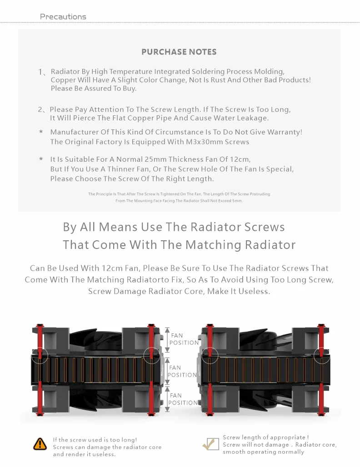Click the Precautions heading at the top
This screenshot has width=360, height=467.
click(x=63, y=17)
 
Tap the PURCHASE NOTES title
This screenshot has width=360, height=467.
click(x=179, y=52)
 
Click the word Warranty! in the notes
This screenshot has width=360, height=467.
click(x=285, y=132)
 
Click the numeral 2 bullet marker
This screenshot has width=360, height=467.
click(x=41, y=109)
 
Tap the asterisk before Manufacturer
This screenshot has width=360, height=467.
click(x=41, y=132)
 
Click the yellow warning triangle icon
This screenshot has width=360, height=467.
click(x=40, y=444)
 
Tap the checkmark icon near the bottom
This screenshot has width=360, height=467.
click(x=210, y=444)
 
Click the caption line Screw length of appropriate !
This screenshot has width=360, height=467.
click(x=265, y=437)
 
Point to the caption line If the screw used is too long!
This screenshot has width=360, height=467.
click(x=95, y=440)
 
